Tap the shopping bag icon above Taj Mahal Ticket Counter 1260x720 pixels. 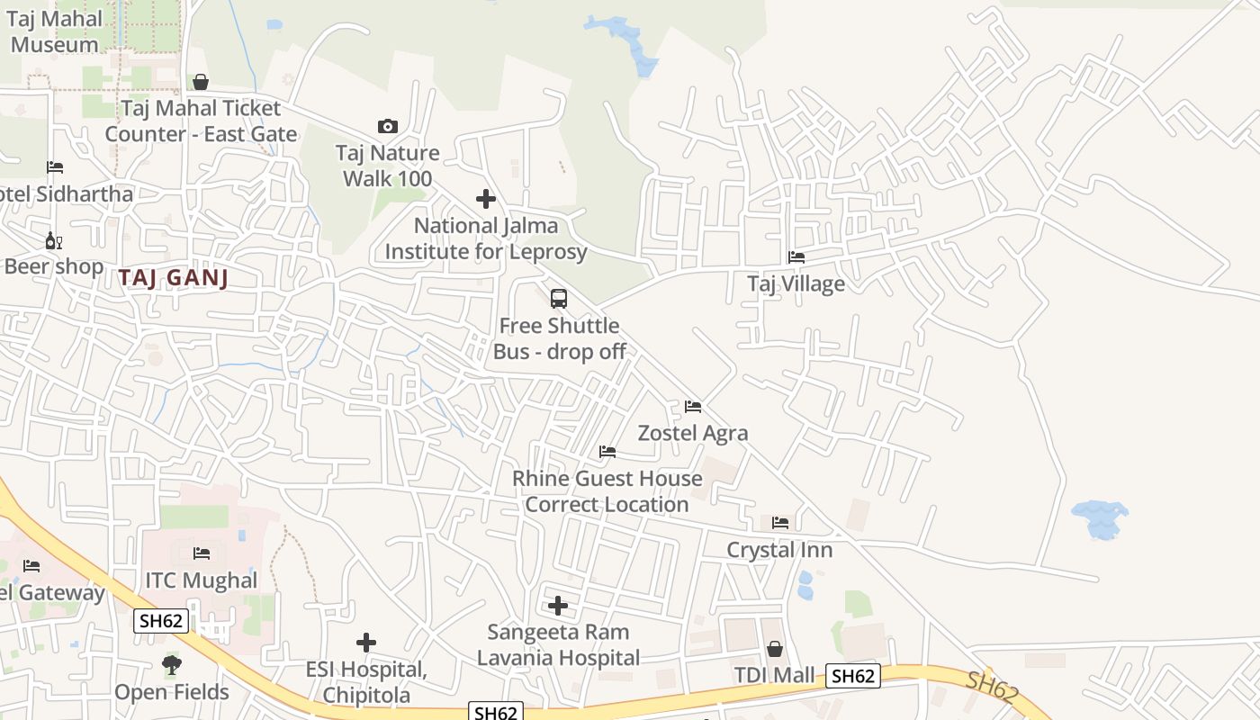coord(201,82)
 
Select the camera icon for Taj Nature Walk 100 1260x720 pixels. coord(388,126)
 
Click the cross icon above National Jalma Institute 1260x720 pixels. coord(486,199)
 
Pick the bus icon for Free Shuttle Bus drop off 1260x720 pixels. coord(559,298)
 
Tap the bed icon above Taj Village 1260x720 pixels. coord(796,257)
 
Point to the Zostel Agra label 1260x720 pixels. coord(693,433)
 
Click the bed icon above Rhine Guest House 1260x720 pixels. coord(607,452)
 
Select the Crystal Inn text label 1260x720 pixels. coord(779,550)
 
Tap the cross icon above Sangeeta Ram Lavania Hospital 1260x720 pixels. coord(558,606)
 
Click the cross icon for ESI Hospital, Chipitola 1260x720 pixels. coord(365,643)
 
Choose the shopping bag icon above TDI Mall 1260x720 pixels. coord(774,649)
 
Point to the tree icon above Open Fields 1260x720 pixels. coord(171,666)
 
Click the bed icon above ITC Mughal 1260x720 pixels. coord(202,553)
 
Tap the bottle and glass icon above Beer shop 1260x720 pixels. coord(54,240)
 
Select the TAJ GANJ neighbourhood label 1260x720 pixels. coord(173,278)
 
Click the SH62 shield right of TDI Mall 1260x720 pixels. coord(853,676)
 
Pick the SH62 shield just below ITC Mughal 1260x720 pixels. coord(161,620)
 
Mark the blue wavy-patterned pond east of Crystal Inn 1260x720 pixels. coord(1099,519)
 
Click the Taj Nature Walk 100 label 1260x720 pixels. coord(388,166)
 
